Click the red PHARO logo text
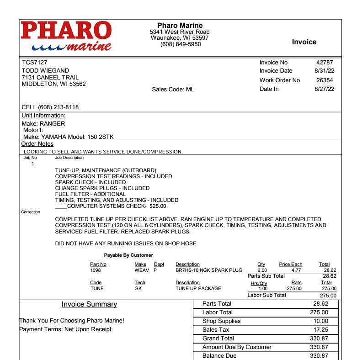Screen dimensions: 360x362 coord(66,30)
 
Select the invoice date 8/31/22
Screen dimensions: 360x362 coord(325,71)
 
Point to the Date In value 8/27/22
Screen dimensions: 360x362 coord(325,89)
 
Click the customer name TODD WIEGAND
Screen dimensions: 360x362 coord(46,71)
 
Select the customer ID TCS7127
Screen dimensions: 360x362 coord(35,63)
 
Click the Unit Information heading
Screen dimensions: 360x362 coord(43,116)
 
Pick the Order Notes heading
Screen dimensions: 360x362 coord(37,144)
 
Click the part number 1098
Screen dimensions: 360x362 coord(96,270)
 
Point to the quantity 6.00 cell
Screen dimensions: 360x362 coord(262,270)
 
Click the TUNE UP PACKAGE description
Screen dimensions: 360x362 coord(198,288)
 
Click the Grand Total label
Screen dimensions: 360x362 coord(218,339)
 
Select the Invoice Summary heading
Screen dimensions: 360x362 coord(89,304)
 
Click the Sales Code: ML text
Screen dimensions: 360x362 coord(173,90)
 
